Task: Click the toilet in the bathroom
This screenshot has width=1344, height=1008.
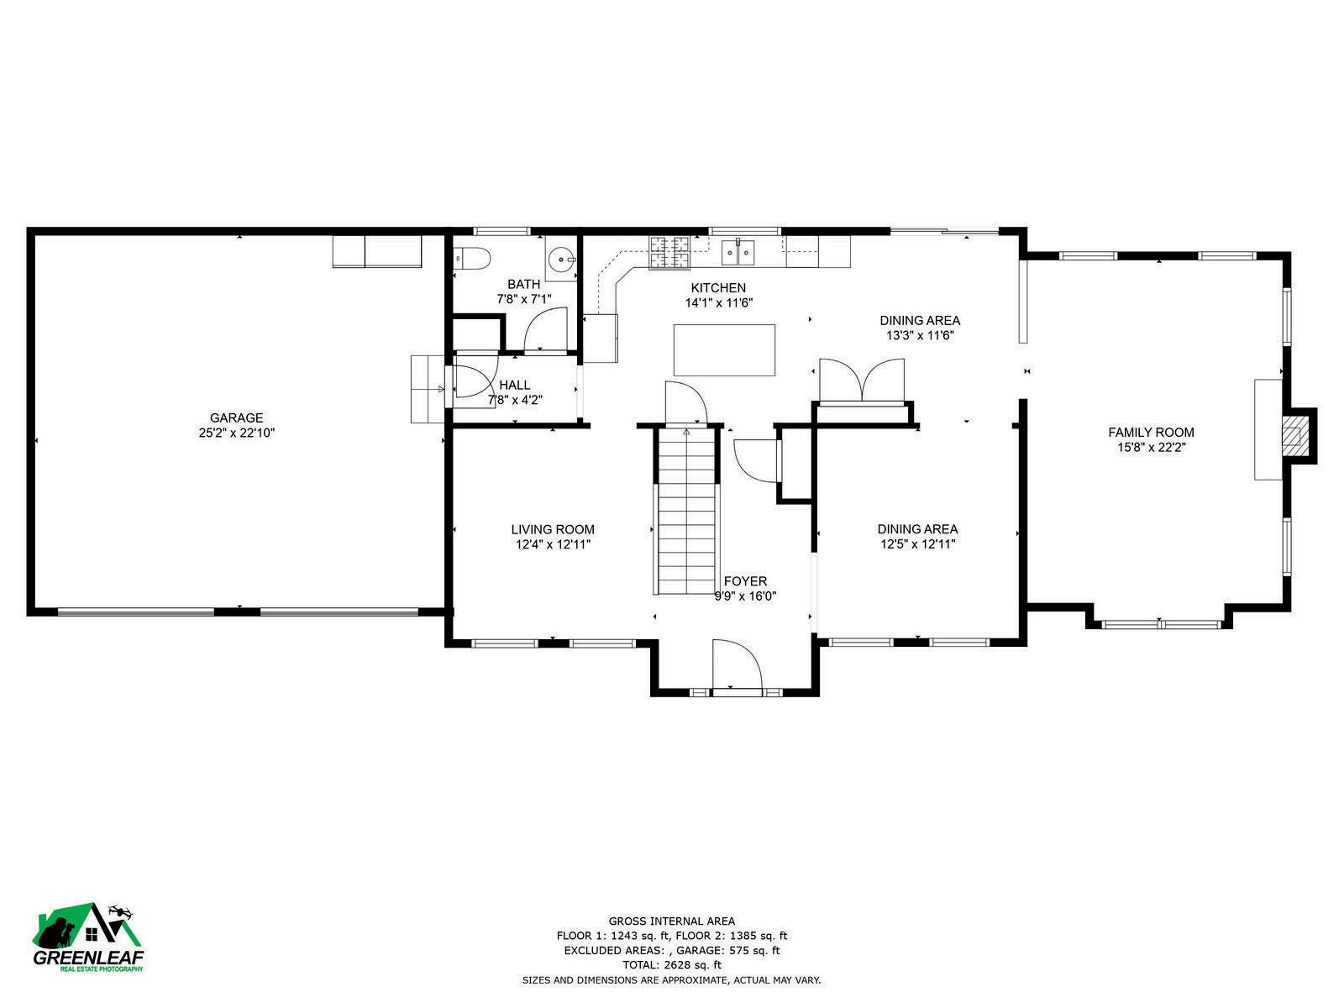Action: coord(473,258)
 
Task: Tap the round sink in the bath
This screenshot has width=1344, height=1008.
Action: coord(561,259)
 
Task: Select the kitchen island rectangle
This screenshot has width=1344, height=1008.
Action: coord(724,349)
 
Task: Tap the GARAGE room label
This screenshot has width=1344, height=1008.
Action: coord(236,417)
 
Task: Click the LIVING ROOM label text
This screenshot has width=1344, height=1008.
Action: coord(552,529)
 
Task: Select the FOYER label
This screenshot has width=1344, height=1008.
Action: coord(745,580)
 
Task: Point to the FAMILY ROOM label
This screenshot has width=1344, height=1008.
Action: coord(1151,432)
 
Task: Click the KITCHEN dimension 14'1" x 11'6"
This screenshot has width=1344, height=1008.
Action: coord(718,302)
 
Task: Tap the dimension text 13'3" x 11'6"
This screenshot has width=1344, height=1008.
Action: coord(920,335)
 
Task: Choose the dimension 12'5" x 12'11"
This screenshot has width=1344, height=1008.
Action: coord(917,544)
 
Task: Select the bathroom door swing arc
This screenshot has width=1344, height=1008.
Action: coord(545,328)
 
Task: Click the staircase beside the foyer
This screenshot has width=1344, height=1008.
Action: coord(685,511)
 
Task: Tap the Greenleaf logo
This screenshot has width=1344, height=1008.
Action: coord(87,937)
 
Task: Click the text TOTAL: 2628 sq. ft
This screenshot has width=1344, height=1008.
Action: coord(672,965)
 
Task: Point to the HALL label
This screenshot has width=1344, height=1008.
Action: coord(514,385)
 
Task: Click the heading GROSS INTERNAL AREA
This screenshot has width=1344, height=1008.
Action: coord(672,921)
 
